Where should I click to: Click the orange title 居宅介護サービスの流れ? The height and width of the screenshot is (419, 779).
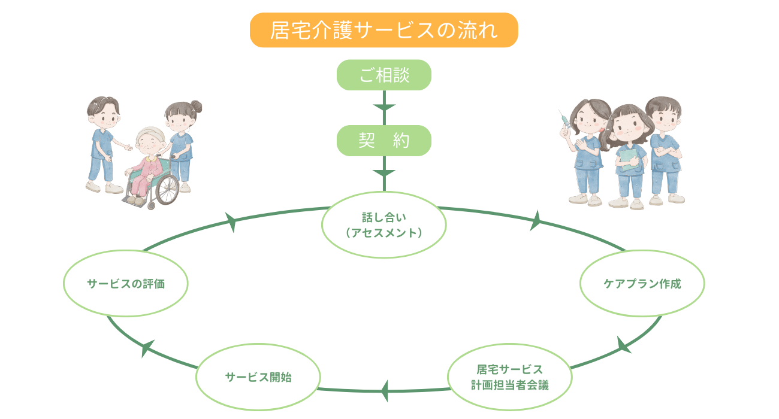(x=384, y=30)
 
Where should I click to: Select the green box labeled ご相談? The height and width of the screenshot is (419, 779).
(x=384, y=75)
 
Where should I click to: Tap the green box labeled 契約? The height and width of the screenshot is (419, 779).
(x=384, y=141)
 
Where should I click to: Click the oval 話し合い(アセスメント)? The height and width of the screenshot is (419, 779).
(x=384, y=225)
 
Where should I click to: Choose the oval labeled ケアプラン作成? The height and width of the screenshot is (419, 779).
(x=642, y=284)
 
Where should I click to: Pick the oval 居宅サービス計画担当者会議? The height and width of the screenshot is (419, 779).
(x=509, y=377)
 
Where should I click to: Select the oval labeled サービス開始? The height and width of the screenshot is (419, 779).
(x=258, y=377)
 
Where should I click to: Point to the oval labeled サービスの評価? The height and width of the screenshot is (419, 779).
(x=126, y=284)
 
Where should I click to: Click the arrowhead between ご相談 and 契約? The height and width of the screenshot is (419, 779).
(x=384, y=108)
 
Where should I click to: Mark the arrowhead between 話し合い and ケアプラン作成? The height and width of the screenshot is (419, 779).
(x=535, y=221)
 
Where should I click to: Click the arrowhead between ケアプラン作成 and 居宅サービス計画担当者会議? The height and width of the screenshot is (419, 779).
(x=623, y=345)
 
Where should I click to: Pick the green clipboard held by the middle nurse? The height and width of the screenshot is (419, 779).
(x=629, y=160)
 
